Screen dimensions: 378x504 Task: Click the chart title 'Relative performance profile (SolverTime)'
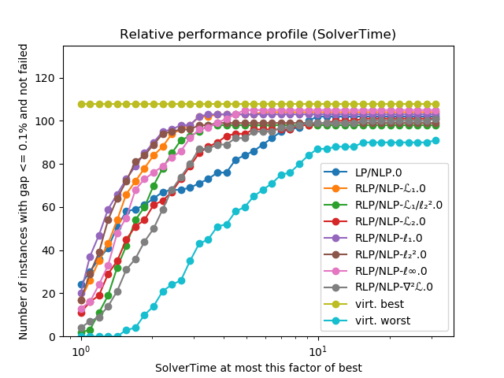tap(258, 35)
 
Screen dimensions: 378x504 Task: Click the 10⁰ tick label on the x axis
tap(79, 351)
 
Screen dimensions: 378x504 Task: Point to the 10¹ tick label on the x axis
tap(317, 351)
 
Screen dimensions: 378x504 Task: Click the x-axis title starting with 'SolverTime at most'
tap(258, 368)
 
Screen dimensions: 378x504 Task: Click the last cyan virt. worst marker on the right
tap(435, 140)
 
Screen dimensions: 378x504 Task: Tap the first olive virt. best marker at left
tap(81, 104)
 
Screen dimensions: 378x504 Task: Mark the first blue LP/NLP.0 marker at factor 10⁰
tap(81, 284)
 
